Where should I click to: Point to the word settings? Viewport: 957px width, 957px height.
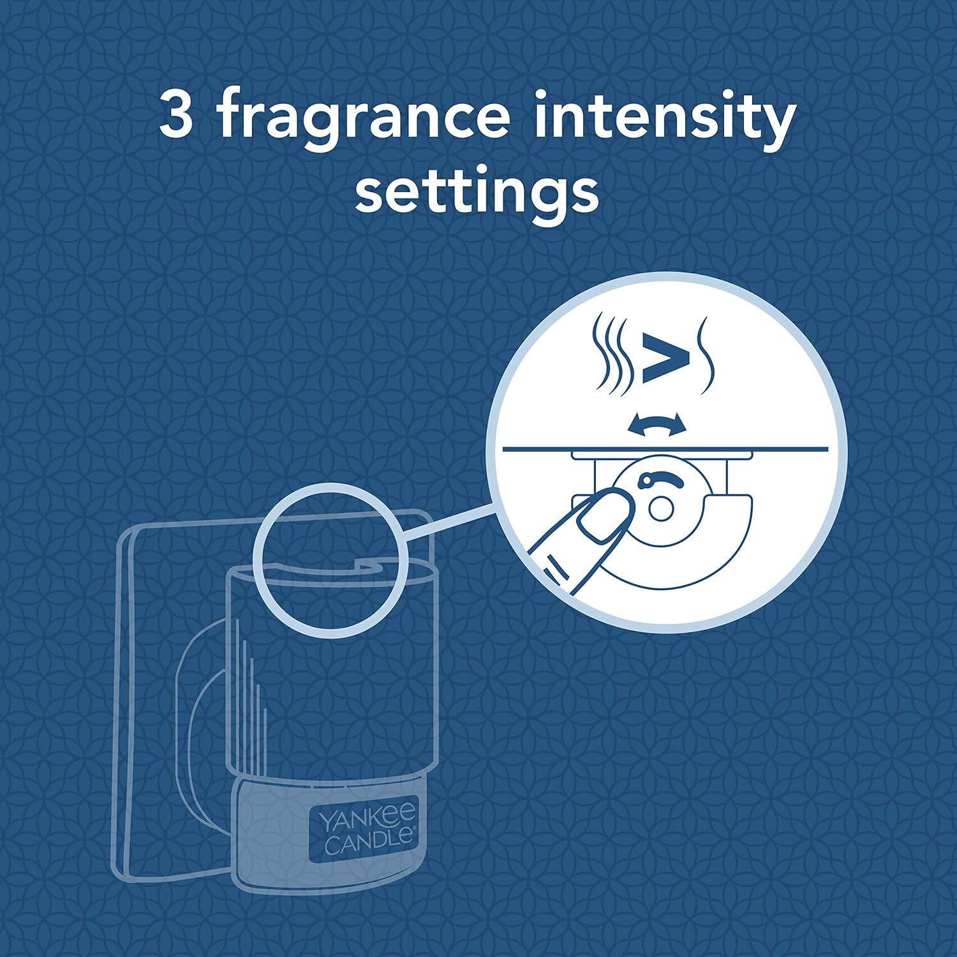coord(477,193)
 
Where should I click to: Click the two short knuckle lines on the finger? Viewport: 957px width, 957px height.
coord(556,568)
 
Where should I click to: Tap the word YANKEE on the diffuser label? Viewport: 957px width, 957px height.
coord(366,819)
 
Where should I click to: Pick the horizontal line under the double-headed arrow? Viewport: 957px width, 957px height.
coord(665,449)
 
